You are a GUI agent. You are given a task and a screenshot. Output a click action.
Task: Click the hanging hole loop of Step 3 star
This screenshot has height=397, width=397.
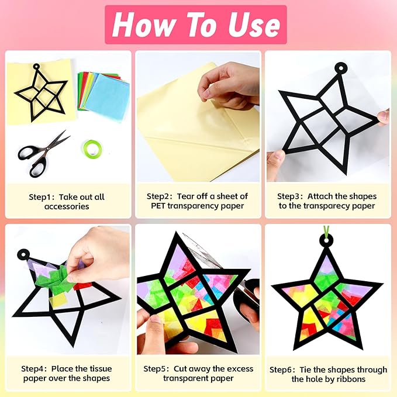[340, 68]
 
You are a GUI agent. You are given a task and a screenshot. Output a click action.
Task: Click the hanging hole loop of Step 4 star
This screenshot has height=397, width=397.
[23, 254]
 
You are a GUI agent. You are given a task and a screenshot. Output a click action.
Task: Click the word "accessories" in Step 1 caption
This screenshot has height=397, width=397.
[67, 206]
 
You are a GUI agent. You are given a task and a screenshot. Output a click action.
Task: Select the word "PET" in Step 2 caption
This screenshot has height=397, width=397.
[158, 206]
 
